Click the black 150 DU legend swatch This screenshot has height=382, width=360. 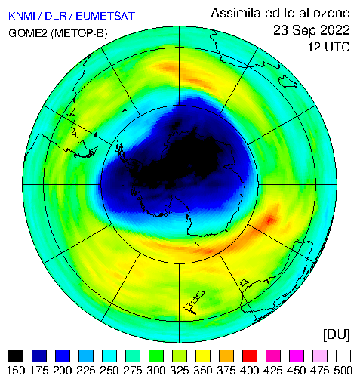pos(16,356)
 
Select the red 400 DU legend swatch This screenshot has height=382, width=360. pos(250,356)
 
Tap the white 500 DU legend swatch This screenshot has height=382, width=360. pos(343,356)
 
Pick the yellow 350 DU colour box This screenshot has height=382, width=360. pos(203,356)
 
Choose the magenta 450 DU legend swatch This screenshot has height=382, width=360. pos(297,356)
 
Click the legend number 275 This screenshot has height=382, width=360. pos(133,371)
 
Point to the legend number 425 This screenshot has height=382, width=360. pos(273,371)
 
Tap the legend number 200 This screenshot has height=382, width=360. pos(63,371)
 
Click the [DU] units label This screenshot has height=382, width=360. pos(337,334)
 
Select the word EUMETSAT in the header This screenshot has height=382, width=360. pos(106,16)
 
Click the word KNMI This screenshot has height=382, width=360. pos(22,16)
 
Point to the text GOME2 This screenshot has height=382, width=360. pos(28,33)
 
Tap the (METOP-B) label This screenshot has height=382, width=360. pos(79,33)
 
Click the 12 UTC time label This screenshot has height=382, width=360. pos(329,47)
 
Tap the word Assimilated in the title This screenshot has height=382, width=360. pos(245,13)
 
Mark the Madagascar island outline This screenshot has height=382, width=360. pos(288,82)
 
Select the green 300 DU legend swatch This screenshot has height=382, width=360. pos(156,356)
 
